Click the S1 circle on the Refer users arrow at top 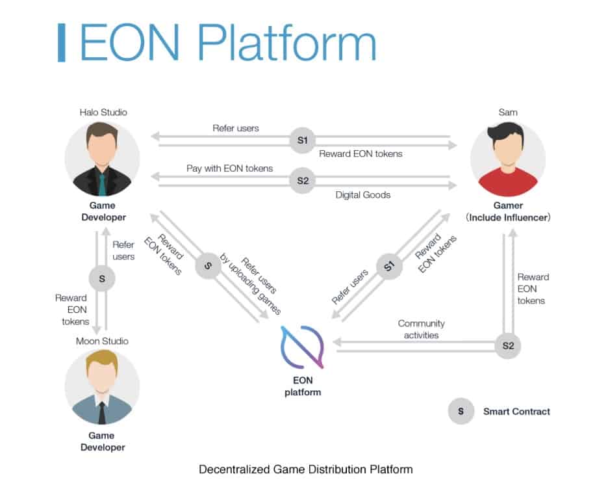point(302,141)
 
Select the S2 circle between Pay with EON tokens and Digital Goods point(302,180)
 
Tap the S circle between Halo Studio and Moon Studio point(101,278)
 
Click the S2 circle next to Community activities point(507,346)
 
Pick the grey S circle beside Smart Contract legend point(461,411)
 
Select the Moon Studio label point(101,341)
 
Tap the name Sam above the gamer point(508,112)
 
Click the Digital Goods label point(363,194)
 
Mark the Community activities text point(421,329)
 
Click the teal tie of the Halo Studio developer point(102,184)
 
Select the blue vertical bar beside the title point(62,43)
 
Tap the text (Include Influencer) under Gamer point(508,218)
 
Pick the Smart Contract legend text point(516,411)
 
